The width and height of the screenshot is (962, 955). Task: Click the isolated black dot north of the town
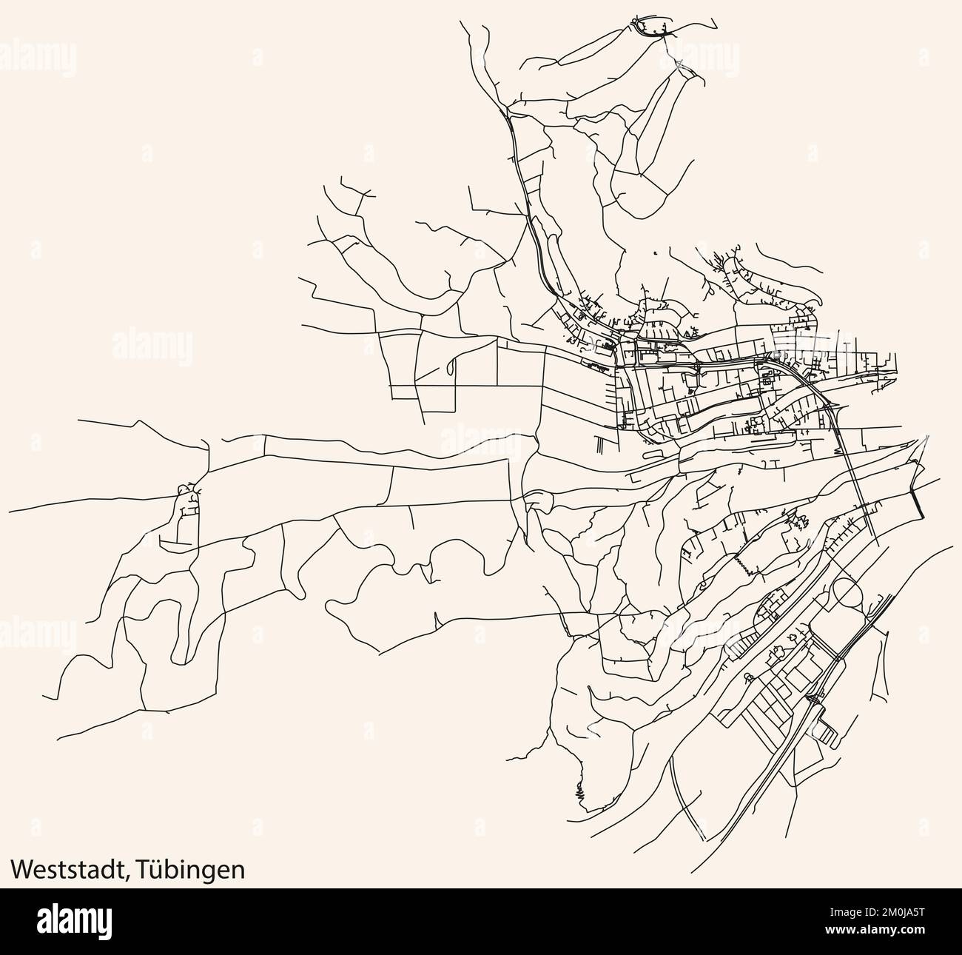[655, 253]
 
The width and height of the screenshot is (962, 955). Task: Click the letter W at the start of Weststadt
[21, 869]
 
